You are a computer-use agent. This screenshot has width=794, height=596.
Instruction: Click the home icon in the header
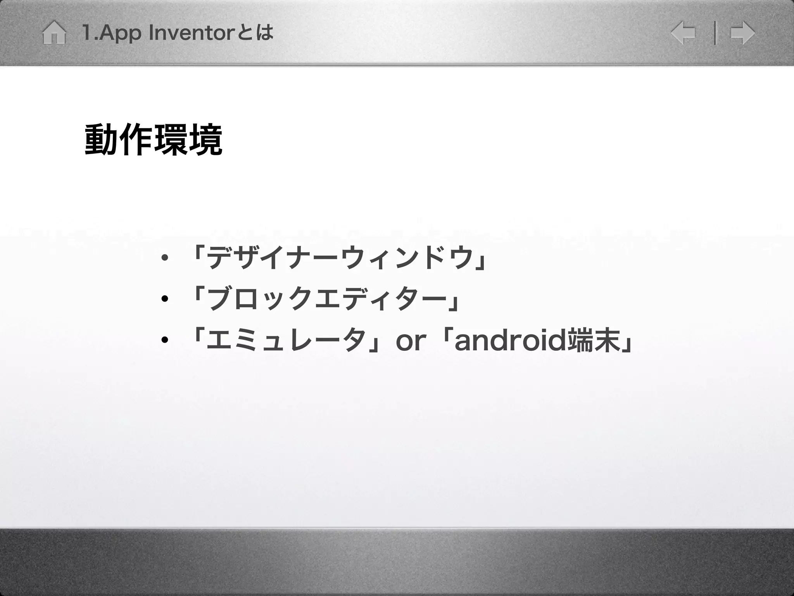tap(54, 33)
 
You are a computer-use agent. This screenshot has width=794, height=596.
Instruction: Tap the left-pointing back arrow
tap(683, 33)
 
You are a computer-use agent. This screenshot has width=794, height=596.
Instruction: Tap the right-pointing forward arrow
tap(742, 33)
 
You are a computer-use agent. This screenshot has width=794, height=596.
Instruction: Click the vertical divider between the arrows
tap(715, 33)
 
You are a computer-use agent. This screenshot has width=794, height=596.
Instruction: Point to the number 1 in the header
tap(87, 33)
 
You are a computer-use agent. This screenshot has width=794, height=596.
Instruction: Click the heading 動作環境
tap(154, 140)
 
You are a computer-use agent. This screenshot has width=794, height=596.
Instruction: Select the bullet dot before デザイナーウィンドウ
tap(165, 258)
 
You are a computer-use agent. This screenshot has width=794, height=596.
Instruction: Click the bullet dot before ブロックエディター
tap(165, 299)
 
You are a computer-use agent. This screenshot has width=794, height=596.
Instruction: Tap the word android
tap(510, 340)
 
